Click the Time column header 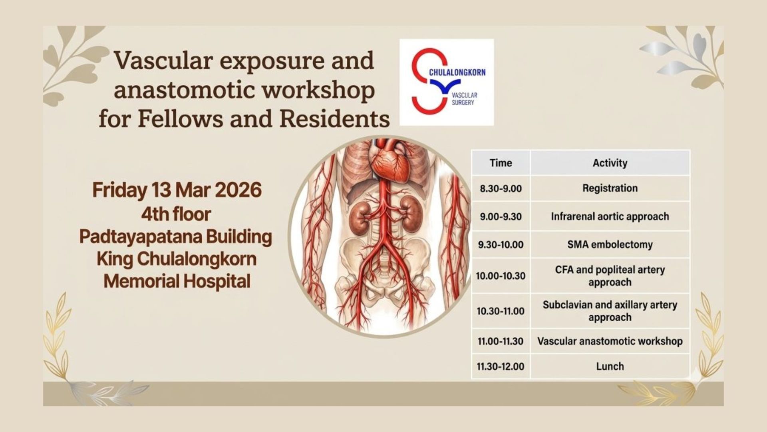pos(501,163)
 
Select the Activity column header pos(610,163)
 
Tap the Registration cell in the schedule pos(610,188)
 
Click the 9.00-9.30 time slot pos(501,216)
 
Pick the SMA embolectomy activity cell pos(610,244)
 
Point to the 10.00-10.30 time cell pos(501,276)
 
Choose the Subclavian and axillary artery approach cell pos(610,311)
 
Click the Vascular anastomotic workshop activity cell pos(610,341)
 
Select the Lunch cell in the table pos(610,366)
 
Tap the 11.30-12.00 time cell pos(501,366)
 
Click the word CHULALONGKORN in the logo pos(457,72)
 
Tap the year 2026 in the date pos(238,190)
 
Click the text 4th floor pos(176,214)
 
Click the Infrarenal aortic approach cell pos(610,216)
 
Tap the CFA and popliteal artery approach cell pos(610,276)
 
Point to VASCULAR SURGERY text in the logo pos(464,99)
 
